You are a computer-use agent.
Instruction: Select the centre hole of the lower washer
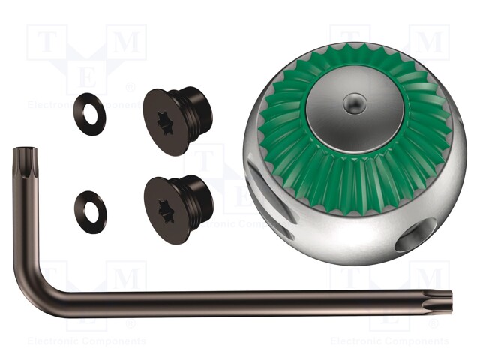[91, 211]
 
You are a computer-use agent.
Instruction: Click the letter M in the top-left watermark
[126, 44]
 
